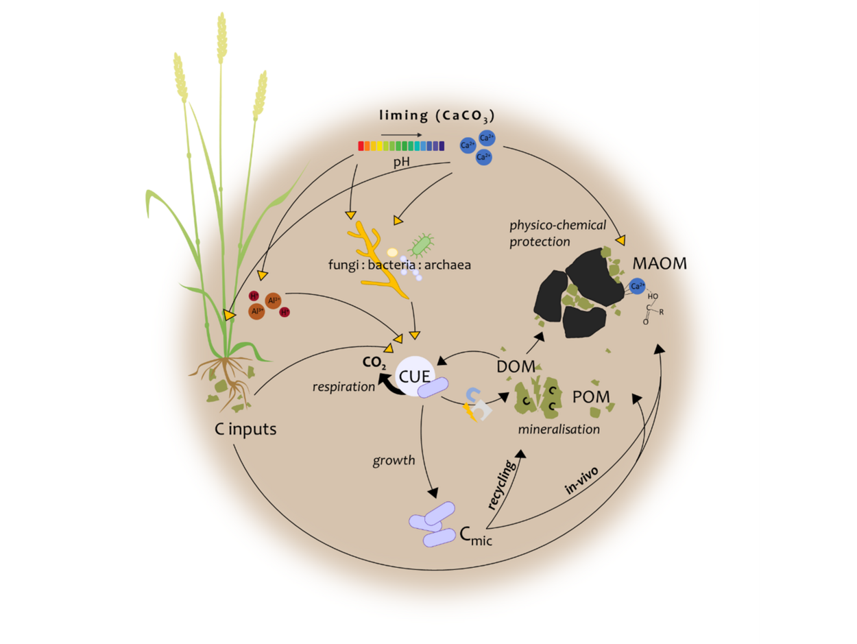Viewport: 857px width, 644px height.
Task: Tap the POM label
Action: (591, 397)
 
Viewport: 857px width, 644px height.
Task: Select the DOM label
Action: (516, 367)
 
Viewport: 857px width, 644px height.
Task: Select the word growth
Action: (394, 460)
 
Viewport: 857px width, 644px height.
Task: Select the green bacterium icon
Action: (421, 243)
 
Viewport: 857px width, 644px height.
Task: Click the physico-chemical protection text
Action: (550, 233)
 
